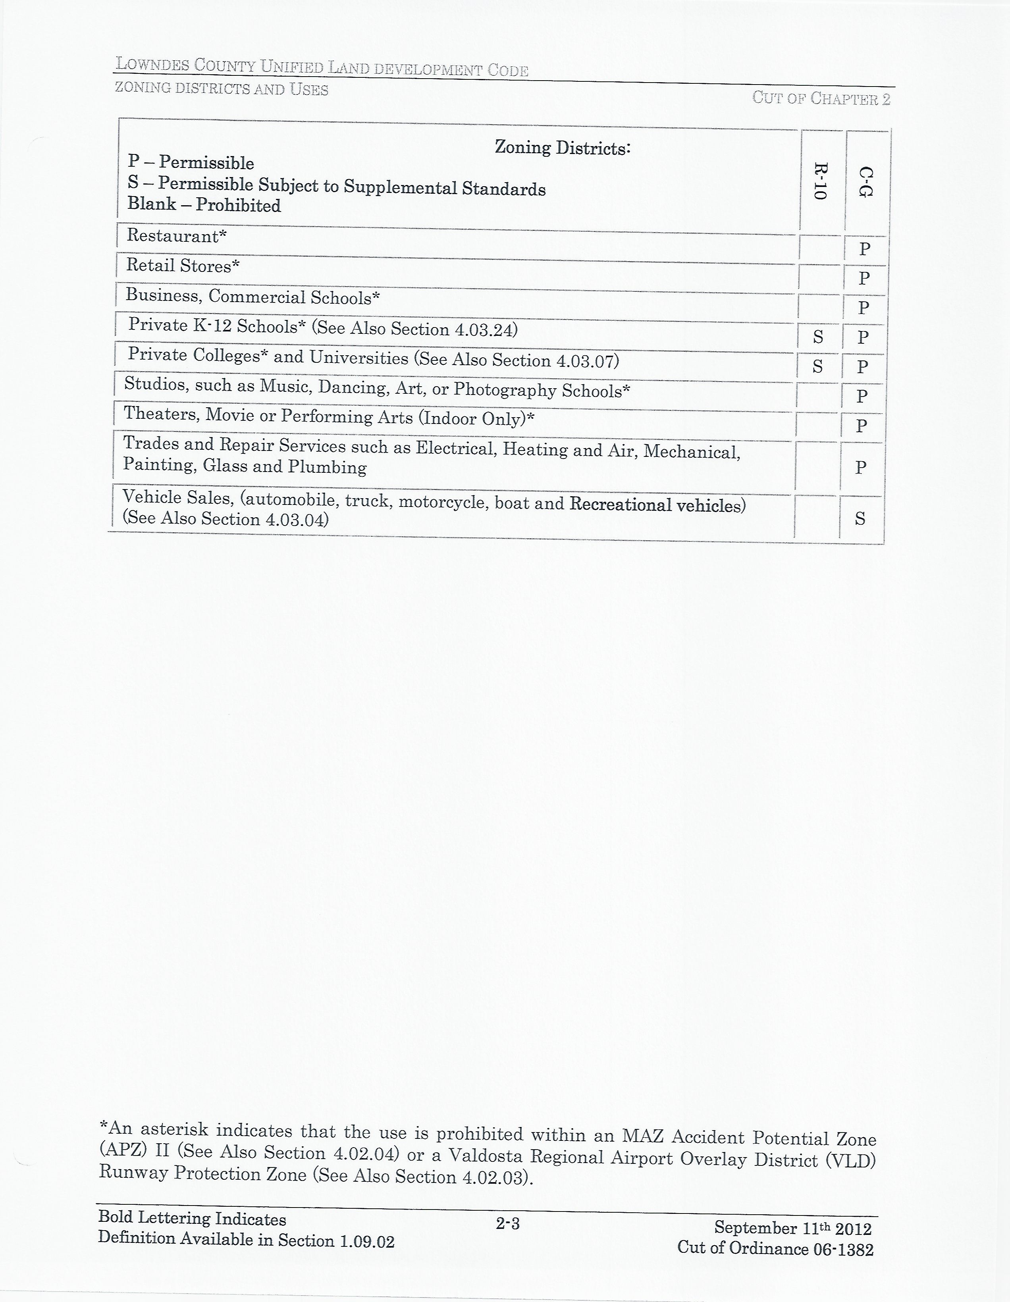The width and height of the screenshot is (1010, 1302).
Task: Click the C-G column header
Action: pyautogui.click(x=866, y=183)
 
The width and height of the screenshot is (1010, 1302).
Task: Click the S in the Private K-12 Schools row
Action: pyautogui.click(x=818, y=337)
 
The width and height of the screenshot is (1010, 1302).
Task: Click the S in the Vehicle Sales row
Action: pyautogui.click(x=860, y=519)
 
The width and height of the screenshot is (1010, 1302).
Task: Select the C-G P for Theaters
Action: pyautogui.click(x=862, y=426)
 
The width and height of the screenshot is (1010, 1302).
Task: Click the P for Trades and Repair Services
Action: pyautogui.click(x=860, y=467)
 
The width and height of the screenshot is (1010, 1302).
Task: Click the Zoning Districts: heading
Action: pyautogui.click(x=562, y=147)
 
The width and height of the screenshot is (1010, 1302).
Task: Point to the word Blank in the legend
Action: pyautogui.click(x=151, y=204)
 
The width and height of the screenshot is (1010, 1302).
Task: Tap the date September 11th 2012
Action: pyautogui.click(x=792, y=1228)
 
